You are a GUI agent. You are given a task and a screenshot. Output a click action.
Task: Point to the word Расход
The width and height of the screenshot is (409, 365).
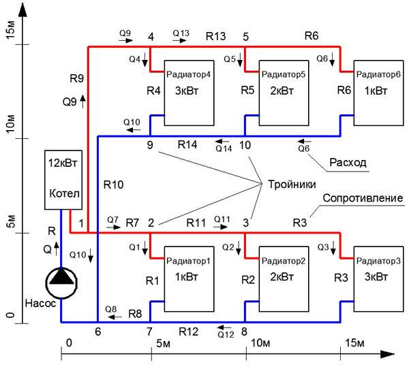(348, 163)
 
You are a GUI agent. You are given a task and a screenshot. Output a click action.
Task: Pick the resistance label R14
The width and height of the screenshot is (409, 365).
(188, 145)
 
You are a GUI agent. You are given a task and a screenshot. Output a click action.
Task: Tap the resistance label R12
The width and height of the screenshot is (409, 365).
(190, 332)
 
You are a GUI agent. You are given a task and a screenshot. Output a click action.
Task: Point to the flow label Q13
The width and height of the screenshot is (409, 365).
(181, 33)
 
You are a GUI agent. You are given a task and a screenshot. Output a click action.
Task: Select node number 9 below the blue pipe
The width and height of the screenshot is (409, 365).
(149, 145)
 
